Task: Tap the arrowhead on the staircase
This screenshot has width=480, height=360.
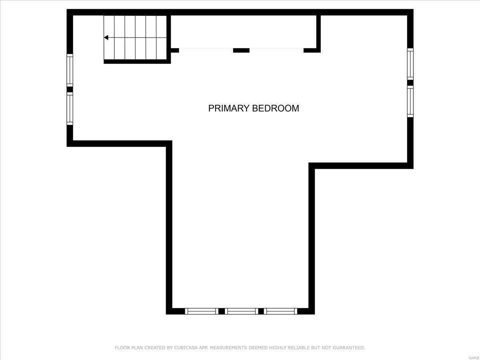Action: coord(106,38)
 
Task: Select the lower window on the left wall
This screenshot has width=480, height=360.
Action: coord(70,108)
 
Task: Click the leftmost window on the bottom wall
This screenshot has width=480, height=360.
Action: coord(202,311)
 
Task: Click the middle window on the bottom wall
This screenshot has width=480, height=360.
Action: coord(241,311)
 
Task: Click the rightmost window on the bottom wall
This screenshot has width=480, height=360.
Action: coord(280,311)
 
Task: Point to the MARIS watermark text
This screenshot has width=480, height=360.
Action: coord(474,356)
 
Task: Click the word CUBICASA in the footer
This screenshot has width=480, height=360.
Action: coord(184,348)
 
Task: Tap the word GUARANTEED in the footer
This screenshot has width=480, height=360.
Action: coord(348,348)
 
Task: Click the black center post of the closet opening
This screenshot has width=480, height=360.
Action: coord(241,50)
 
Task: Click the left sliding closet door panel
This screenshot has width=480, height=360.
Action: coord(206,49)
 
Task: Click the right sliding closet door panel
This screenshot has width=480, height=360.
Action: coord(276,49)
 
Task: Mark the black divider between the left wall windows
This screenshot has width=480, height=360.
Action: coord(70,89)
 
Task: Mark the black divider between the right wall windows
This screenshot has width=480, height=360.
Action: coord(410,83)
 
